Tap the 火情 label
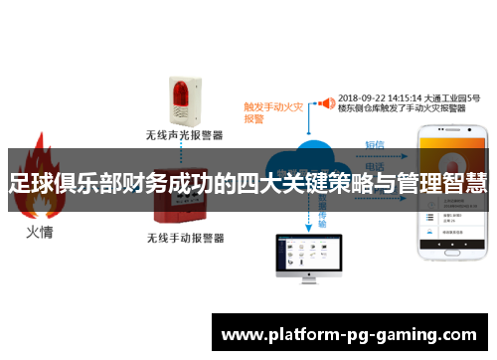tap(40, 234)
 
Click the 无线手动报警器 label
tap(185, 239)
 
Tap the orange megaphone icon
tap(324, 102)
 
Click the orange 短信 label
tap(375, 145)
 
